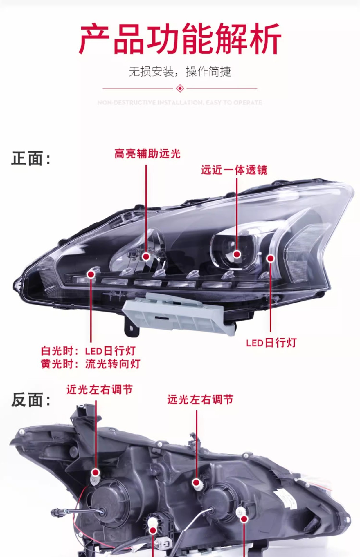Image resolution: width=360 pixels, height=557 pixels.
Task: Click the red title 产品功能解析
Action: tap(180, 39)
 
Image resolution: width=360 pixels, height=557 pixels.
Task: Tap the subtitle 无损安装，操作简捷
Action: tap(180, 71)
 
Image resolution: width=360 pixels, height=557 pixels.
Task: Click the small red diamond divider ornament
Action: tap(180, 88)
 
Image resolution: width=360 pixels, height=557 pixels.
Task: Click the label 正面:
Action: tap(31, 159)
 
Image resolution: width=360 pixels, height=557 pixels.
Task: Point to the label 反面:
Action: tap(31, 400)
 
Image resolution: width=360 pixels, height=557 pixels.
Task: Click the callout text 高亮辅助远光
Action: tap(147, 154)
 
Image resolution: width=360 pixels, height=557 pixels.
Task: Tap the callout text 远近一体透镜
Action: tap(234, 170)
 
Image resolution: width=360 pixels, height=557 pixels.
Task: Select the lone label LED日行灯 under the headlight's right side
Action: tap(271, 343)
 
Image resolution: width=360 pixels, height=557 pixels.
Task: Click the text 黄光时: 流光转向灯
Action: tap(91, 364)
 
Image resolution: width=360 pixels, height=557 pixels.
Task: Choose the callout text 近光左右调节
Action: tap(100, 390)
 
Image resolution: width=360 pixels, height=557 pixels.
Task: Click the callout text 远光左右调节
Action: tap(200, 400)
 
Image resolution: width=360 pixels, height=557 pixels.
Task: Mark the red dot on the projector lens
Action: tap(237, 254)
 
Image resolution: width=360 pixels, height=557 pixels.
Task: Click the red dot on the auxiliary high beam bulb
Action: tap(146, 256)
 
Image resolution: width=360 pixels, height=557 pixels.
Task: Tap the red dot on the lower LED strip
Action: tap(91, 274)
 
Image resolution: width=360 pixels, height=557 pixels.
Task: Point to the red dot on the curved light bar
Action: tap(271, 258)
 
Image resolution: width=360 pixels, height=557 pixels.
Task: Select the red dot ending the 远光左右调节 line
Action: tap(196, 483)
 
